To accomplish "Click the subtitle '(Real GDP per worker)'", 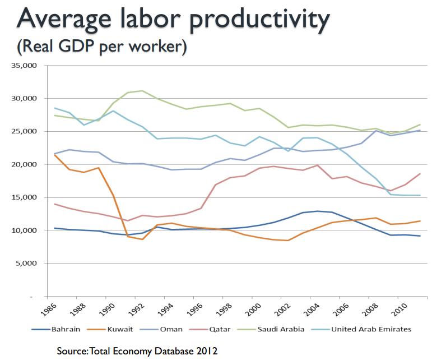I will pyautogui.click(x=101, y=47).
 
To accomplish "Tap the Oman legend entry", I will pyautogui.click(x=170, y=329).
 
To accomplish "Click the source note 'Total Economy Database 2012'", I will pyautogui.click(x=159, y=351).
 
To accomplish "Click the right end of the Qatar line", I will pyautogui.click(x=420, y=174).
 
